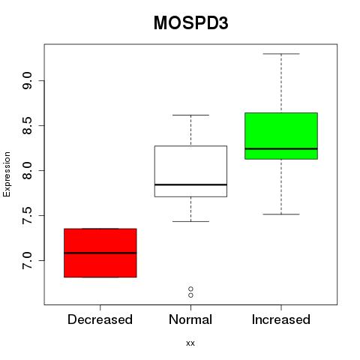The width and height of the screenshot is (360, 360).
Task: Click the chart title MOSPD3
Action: click(x=190, y=23)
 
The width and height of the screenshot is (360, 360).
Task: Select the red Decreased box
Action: click(x=100, y=253)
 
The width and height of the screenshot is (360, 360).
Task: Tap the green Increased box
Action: click(x=281, y=136)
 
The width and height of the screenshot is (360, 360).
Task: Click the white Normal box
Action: click(x=190, y=171)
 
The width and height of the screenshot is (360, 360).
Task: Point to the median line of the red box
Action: click(x=100, y=253)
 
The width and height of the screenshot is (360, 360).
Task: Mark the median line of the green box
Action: click(x=281, y=148)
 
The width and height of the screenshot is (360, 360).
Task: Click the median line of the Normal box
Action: click(x=190, y=184)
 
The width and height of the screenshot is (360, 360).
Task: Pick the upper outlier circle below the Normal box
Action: click(x=190, y=289)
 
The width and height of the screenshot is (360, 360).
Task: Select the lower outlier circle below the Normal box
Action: click(x=190, y=295)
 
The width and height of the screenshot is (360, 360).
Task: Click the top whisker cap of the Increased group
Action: click(x=281, y=54)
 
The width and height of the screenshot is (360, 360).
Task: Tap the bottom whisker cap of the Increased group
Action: click(x=281, y=214)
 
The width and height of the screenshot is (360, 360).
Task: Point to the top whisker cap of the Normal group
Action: click(x=190, y=115)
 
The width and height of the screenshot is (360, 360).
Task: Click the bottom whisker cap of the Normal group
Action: click(x=190, y=221)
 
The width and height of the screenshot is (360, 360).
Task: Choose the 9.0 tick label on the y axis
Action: click(x=27, y=81)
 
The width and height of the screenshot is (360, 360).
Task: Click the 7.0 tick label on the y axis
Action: click(x=27, y=260)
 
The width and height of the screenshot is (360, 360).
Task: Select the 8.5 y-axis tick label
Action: click(x=27, y=125)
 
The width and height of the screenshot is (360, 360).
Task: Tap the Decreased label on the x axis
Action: click(x=100, y=319)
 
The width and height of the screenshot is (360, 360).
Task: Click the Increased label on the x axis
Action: click(x=281, y=319)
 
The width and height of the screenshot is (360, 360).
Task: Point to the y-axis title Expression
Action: click(x=7, y=174)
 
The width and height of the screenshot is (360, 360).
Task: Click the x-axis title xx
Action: click(x=190, y=343)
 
